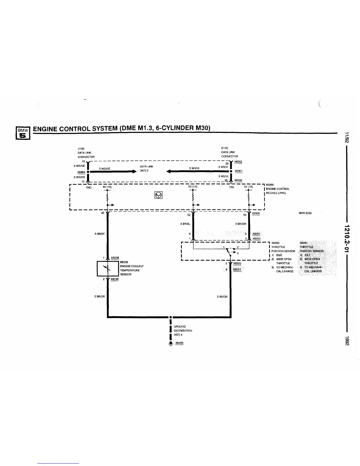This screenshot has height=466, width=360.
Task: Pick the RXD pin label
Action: [89, 187]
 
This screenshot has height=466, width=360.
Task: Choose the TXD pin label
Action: [231, 187]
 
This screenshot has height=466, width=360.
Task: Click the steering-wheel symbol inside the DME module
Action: [158, 195]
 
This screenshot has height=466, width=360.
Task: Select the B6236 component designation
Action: [124, 262]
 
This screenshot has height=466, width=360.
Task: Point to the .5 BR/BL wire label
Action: [185, 224]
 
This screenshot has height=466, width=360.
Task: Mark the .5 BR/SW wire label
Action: [240, 224]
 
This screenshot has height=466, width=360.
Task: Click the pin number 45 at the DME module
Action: [103, 213]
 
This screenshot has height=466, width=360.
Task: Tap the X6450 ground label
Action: [179, 343]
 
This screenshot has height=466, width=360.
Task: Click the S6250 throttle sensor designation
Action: [275, 243]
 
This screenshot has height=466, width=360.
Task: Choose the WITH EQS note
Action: [305, 213]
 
